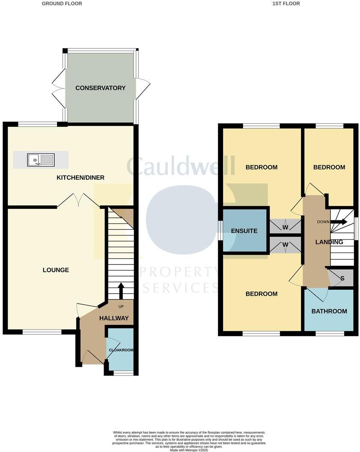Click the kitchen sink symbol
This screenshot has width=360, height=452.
(41, 160)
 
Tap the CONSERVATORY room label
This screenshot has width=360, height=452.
(101, 88)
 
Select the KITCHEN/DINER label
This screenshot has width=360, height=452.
(80, 178)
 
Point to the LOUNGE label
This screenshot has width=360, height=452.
(56, 270)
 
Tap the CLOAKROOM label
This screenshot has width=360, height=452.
(121, 350)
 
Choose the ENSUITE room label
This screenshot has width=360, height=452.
(244, 231)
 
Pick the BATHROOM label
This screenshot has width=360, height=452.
(329, 311)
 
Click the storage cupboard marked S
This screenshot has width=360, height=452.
(342, 278)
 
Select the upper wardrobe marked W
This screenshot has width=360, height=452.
(285, 226)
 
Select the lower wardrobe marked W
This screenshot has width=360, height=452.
(285, 245)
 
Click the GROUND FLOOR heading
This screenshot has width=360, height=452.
(62, 3)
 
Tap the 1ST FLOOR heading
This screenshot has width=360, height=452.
(286, 3)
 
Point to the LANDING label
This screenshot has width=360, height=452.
(329, 242)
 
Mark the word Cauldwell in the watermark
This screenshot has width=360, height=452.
(181, 167)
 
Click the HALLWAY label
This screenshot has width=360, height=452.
(114, 318)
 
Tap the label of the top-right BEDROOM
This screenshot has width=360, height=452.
(329, 167)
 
